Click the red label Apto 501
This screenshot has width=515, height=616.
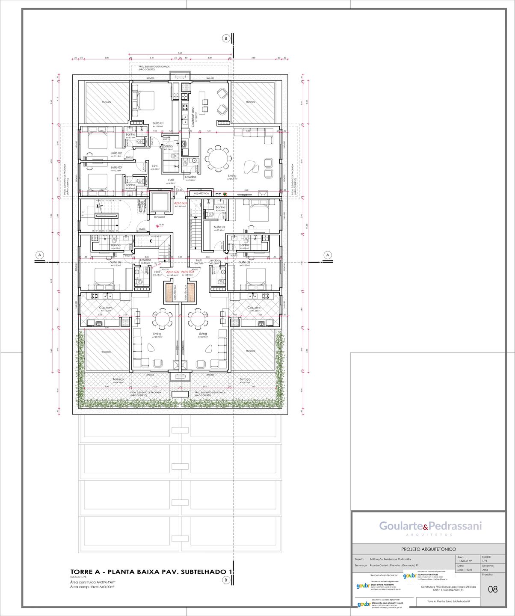180,203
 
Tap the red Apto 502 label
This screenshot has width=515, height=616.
173,272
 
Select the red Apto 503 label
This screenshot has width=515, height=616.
187,272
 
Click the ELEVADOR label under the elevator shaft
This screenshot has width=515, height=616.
160,217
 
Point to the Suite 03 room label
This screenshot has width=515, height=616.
116,167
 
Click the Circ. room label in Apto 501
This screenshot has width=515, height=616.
155,166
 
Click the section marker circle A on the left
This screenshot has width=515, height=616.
39,255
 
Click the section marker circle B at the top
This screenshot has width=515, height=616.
226,38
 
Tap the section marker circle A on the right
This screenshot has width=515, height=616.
328,255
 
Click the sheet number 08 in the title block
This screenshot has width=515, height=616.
493,589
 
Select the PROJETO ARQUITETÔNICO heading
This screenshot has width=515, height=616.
428,549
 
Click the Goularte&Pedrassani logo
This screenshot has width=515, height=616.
430,526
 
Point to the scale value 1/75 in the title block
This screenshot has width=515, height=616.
485,561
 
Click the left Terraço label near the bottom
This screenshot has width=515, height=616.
118,379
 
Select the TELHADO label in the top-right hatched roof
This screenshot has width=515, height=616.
251,102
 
